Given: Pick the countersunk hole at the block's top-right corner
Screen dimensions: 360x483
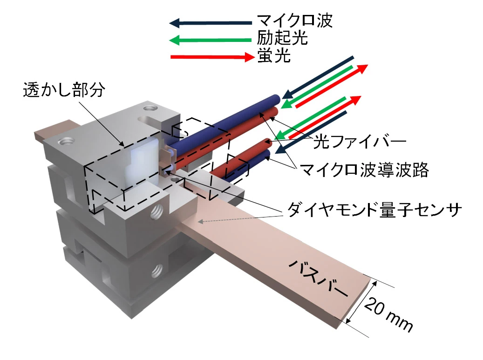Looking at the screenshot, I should coord(150,108).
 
